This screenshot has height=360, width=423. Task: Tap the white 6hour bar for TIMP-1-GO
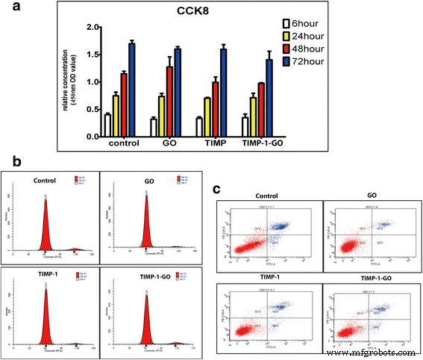266,127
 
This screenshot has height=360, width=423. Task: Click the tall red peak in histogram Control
46,240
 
